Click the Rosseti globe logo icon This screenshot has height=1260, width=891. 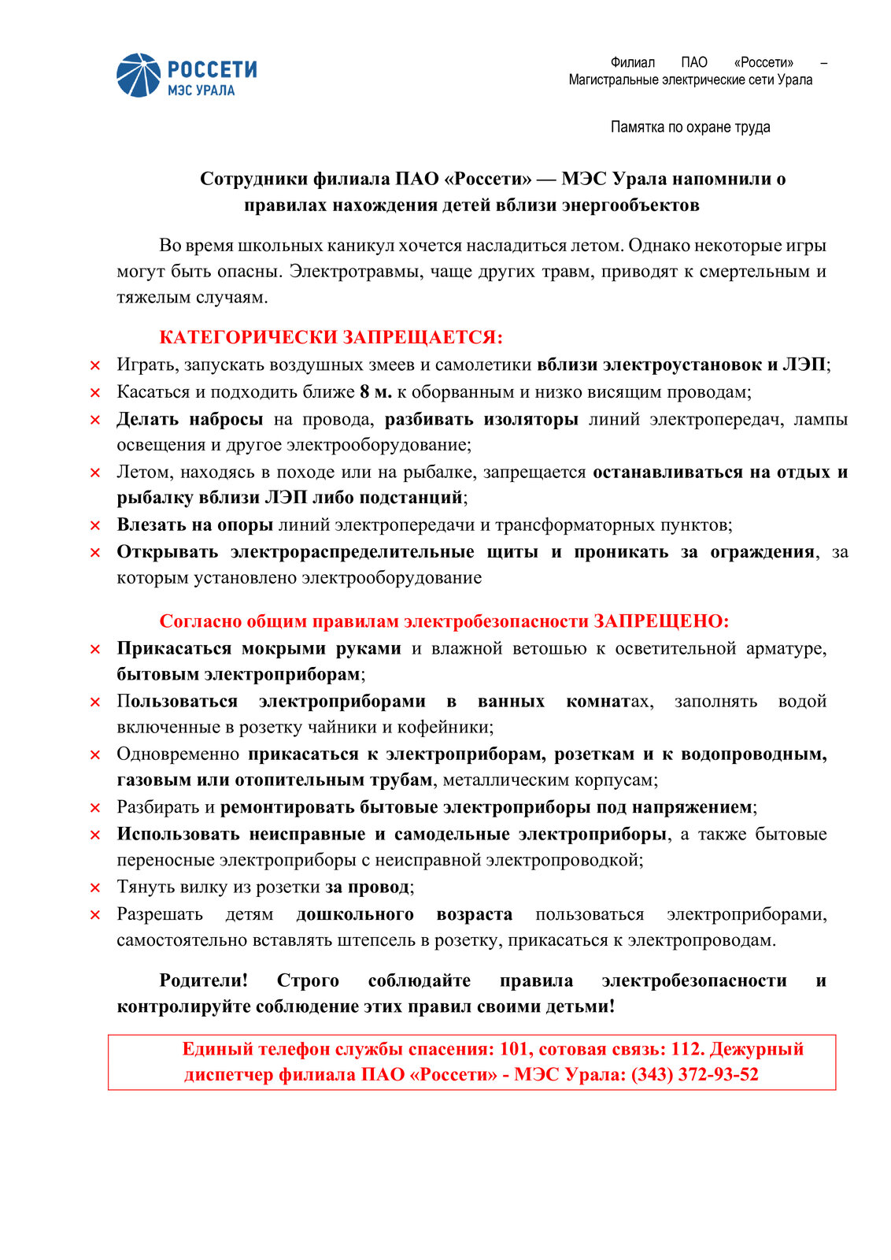click(139, 76)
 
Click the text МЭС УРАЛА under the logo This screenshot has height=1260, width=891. click(201, 91)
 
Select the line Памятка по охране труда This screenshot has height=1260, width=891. click(690, 128)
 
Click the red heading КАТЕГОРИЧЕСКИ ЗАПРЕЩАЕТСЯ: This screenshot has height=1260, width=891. click(331, 338)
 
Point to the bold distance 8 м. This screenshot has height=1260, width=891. click(375, 392)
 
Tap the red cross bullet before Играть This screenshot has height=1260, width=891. click(95, 365)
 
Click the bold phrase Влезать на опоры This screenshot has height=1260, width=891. click(194, 525)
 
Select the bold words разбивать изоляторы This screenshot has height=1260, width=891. click(481, 419)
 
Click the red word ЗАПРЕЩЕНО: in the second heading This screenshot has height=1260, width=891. click(661, 621)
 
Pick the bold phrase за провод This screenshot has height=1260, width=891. click(368, 888)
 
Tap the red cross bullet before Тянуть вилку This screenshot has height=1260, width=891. click(95, 888)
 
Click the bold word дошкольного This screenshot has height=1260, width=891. click(355, 914)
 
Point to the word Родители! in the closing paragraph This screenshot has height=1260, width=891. click(203, 980)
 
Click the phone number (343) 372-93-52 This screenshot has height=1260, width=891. click(695, 1075)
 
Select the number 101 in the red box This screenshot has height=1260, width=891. click(513, 1049)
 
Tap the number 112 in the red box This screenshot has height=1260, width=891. click(685, 1049)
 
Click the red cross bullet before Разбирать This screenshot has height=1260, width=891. click(95, 808)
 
